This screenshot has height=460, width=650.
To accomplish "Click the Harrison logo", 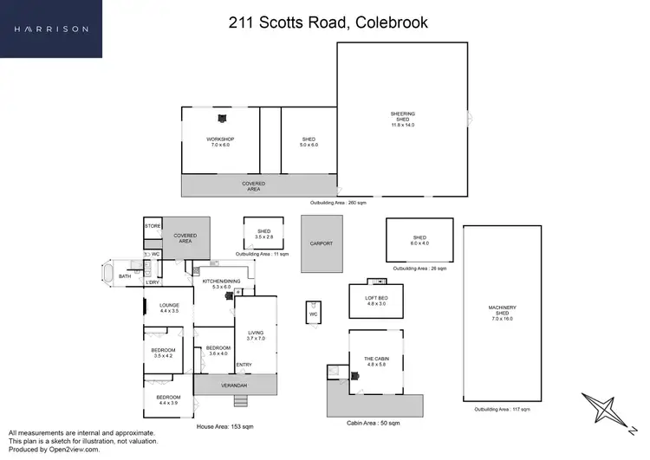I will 51,29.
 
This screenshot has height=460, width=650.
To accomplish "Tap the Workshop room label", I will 220,142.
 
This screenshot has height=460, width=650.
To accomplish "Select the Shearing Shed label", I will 403,119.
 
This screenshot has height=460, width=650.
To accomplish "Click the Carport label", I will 321,243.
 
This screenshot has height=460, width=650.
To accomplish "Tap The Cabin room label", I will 375,361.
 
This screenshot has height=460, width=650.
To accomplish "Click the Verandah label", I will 233,385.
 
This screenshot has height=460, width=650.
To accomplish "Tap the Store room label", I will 153,226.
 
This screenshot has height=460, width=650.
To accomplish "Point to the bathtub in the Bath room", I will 107,275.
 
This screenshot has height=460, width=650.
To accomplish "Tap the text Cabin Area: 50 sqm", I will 374,423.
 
